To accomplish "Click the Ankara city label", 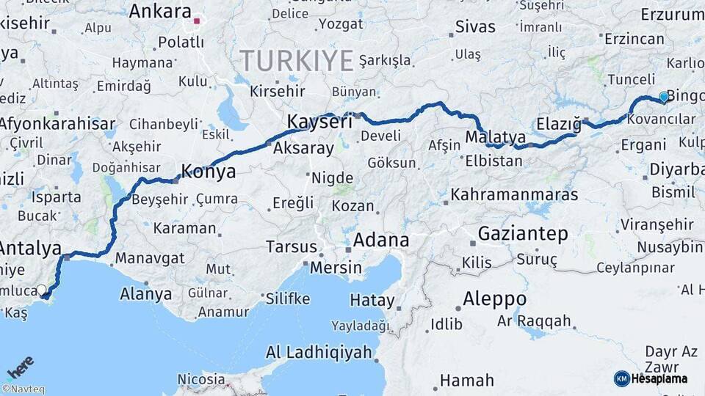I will point(159,12).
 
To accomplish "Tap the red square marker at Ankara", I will point(197,21).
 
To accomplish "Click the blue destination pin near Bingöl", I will point(664,97).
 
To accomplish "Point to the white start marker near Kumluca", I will point(41,290).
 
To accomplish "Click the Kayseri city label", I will point(319,122).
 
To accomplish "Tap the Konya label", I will point(208,172).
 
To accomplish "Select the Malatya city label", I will point(496,137).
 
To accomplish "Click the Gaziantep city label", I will point(523,234).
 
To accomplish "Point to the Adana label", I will point(381,241).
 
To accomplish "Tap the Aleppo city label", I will point(494,299).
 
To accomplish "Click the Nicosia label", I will point(200,379).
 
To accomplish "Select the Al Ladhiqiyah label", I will point(319,352).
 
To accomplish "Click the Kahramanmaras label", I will point(514,195).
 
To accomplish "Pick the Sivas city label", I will point(475,27).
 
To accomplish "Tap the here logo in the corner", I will point(21,367).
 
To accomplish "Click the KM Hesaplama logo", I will point(650,378).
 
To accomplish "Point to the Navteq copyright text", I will point(23,389).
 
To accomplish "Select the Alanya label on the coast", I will point(145,295).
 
